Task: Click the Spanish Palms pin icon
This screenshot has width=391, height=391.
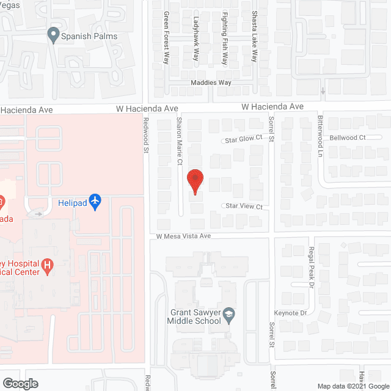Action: coord(53,36)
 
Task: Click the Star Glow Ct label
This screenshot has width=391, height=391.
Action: coord(243,139)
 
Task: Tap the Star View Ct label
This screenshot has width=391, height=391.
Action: coord(243,207)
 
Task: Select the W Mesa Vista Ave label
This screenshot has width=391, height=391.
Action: coord(183,236)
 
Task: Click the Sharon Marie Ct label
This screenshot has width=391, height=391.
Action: coord(180,141)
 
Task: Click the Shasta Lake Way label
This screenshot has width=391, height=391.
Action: coord(254,36)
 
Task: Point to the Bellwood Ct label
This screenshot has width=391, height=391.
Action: coord(347,138)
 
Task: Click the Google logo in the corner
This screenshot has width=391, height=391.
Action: coord(20,384)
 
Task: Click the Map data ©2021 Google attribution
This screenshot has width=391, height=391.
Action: coord(353,386)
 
